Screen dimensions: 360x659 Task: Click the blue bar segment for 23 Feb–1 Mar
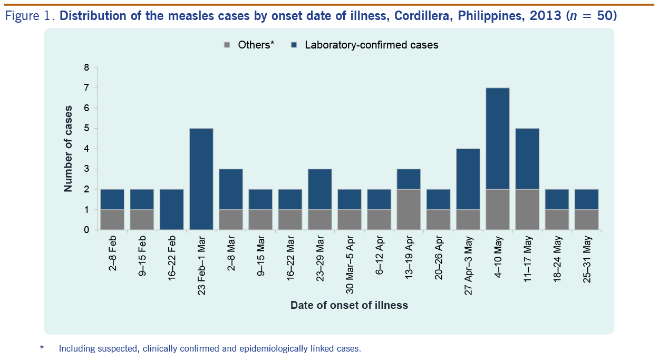point(201,179)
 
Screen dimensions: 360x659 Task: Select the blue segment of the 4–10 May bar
point(497,139)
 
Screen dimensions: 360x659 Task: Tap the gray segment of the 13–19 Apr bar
point(409,210)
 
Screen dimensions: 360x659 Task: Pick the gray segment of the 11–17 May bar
point(527,210)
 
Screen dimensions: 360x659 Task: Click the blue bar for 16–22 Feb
point(171,210)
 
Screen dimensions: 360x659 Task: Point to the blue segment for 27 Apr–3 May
point(468,179)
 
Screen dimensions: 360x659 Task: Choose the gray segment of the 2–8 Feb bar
point(112,220)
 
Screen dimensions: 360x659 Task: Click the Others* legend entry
point(249,45)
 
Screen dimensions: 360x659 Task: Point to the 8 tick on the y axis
point(87,67)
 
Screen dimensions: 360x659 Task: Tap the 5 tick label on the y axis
point(87,129)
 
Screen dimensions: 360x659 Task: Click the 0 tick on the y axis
point(87,230)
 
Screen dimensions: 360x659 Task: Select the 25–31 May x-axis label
point(587,260)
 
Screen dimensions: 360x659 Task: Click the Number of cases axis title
point(68,149)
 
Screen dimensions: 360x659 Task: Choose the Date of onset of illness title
point(349,305)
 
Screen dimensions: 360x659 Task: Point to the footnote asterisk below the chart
point(42,348)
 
